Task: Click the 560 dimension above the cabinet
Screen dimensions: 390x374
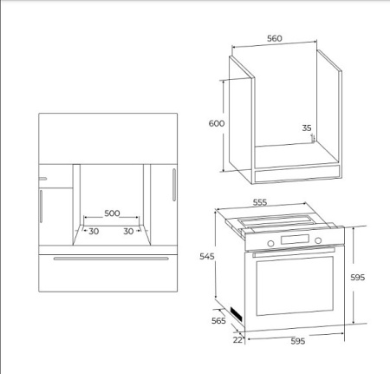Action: (x=275, y=38)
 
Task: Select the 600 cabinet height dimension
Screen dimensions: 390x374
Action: (x=217, y=123)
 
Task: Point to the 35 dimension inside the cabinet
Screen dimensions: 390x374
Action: (x=307, y=128)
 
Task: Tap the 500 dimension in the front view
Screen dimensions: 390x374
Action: (x=112, y=213)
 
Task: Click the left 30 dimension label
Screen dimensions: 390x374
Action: (x=94, y=232)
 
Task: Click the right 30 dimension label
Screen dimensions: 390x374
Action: (x=128, y=232)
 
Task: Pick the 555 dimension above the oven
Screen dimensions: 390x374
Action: (x=260, y=202)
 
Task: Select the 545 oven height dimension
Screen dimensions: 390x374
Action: (x=207, y=256)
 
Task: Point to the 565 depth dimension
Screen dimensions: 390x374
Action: (x=218, y=321)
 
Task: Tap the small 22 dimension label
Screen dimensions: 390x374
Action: (x=237, y=340)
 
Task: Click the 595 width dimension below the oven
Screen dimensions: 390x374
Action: (x=298, y=341)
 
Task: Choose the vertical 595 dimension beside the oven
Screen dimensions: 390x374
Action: (x=358, y=278)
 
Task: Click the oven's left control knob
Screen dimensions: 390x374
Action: (x=270, y=243)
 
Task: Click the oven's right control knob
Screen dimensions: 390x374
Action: (x=318, y=240)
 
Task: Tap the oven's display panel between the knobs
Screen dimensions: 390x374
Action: (x=295, y=239)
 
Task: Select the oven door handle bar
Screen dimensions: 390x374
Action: (x=294, y=252)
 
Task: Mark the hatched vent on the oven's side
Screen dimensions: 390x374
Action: (x=236, y=314)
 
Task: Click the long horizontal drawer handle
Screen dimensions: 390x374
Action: (x=111, y=259)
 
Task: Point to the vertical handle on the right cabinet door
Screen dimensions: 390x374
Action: (x=174, y=185)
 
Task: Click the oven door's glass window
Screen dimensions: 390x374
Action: (x=295, y=285)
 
